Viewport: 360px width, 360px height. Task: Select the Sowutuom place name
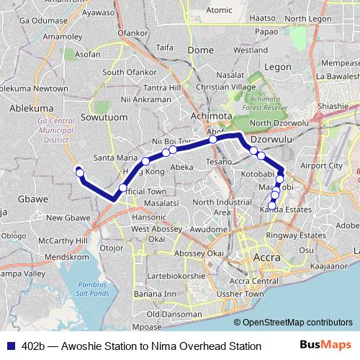pyautogui.click(x=100, y=117)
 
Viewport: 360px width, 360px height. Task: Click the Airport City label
pyautogui.click(x=321, y=166)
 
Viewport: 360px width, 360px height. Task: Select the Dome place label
pyautogui.click(x=200, y=50)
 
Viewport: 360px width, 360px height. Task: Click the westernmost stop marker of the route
pyautogui.click(x=80, y=172)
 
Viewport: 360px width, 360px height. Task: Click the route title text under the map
pyautogui.click(x=141, y=346)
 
